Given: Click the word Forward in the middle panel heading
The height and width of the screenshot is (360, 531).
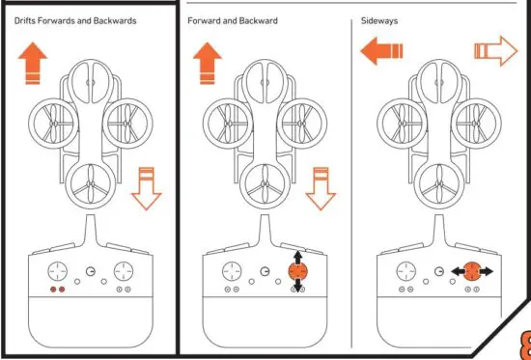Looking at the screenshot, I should pos(206,19).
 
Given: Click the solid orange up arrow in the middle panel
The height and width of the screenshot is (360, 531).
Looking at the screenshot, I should pos(209,63).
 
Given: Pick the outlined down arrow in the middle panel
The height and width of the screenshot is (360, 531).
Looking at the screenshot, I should pos(321,187).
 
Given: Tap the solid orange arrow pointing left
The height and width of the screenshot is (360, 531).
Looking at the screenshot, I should pos(381,52).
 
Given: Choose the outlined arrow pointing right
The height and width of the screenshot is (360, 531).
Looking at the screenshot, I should pos(494,52).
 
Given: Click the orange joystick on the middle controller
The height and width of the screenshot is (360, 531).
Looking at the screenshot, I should pos(295,272).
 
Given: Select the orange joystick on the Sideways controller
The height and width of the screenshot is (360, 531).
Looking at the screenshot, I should pos(469,272).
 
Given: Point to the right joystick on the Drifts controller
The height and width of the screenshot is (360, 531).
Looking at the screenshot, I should pos(123,271).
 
